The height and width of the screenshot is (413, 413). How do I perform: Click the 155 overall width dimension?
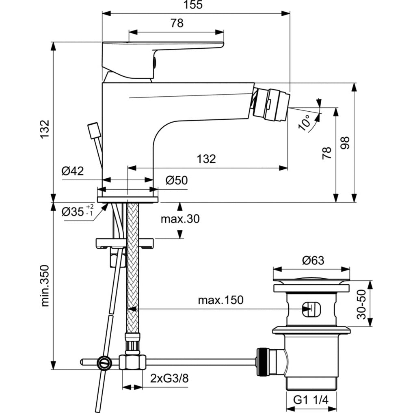(x=193, y=5)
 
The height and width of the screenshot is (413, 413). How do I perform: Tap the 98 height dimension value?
(x=345, y=143)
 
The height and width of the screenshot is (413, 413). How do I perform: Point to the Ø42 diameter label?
(x=73, y=171)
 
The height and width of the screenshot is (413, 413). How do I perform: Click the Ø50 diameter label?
(x=177, y=180)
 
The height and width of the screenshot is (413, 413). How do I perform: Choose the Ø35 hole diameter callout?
(x=77, y=211)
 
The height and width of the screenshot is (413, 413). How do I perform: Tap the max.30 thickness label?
(x=180, y=219)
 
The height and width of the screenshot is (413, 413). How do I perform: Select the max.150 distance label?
(x=221, y=300)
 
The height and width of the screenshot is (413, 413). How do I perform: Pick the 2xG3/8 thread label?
(x=169, y=379)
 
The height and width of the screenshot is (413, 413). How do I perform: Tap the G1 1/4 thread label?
(x=311, y=400)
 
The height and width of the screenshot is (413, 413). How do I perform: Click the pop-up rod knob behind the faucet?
(x=93, y=131)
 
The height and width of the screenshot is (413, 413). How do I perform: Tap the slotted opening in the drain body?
(x=311, y=309)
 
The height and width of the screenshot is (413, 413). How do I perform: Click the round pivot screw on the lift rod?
(x=105, y=362)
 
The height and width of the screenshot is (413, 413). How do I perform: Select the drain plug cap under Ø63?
(x=311, y=280)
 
